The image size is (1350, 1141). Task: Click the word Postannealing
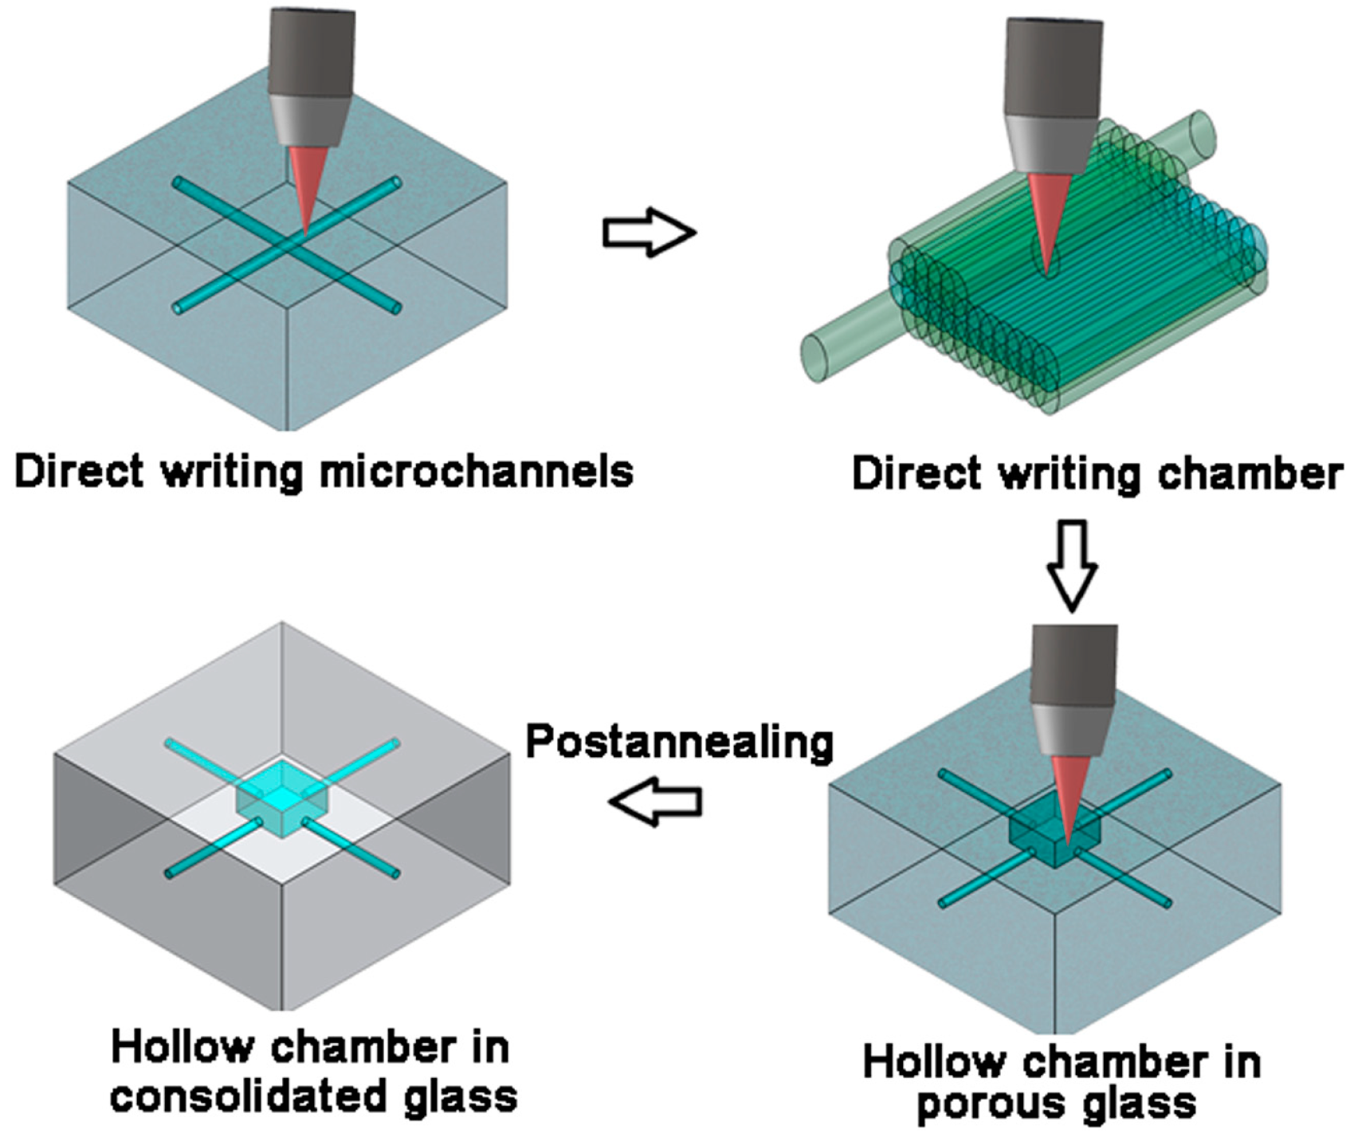click(679, 743)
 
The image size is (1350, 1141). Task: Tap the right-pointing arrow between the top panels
click(649, 233)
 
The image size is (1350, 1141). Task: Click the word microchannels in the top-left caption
click(476, 471)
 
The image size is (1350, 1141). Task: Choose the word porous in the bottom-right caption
click(983, 1104)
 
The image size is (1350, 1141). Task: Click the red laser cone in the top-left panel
click(308, 187)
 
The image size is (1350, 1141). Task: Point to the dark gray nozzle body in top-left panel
click(311, 52)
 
